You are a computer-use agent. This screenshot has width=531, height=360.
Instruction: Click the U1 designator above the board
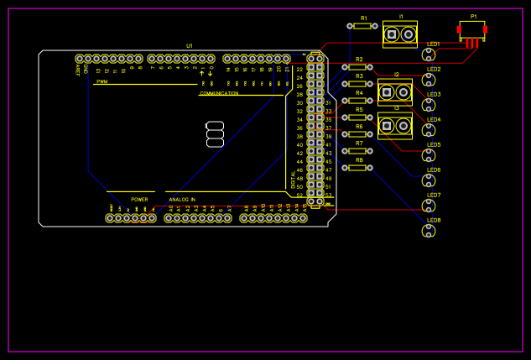click(x=190, y=45)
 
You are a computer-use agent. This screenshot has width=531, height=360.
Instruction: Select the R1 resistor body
click(x=362, y=26)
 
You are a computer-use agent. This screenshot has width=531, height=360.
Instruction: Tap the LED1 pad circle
click(x=429, y=55)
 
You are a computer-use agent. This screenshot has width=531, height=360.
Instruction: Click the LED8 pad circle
click(x=429, y=231)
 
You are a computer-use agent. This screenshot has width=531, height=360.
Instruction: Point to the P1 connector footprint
click(x=472, y=32)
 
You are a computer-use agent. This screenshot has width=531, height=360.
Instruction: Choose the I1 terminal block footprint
click(x=399, y=34)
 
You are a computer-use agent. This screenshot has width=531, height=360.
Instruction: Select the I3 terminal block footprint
click(x=395, y=126)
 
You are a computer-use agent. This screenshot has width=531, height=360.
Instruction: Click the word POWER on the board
click(x=139, y=200)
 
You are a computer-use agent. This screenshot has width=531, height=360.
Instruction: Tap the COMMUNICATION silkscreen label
click(x=219, y=93)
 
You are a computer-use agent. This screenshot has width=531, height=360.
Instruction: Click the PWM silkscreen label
click(x=102, y=82)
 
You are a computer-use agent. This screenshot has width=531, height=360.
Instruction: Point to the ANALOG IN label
click(x=182, y=200)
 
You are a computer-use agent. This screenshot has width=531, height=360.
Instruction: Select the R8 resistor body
click(x=358, y=168)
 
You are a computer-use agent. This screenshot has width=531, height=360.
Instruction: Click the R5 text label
click(x=359, y=109)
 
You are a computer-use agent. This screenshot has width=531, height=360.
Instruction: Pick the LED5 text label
click(x=434, y=144)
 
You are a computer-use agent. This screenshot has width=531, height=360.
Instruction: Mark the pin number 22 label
click(x=299, y=70)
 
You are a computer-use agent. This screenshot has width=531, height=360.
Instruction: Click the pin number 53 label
click(x=329, y=195)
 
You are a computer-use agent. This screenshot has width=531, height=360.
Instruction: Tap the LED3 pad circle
click(x=429, y=105)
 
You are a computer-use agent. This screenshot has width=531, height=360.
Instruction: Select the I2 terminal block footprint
click(x=395, y=91)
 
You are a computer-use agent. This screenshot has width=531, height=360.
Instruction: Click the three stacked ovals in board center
click(x=215, y=134)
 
